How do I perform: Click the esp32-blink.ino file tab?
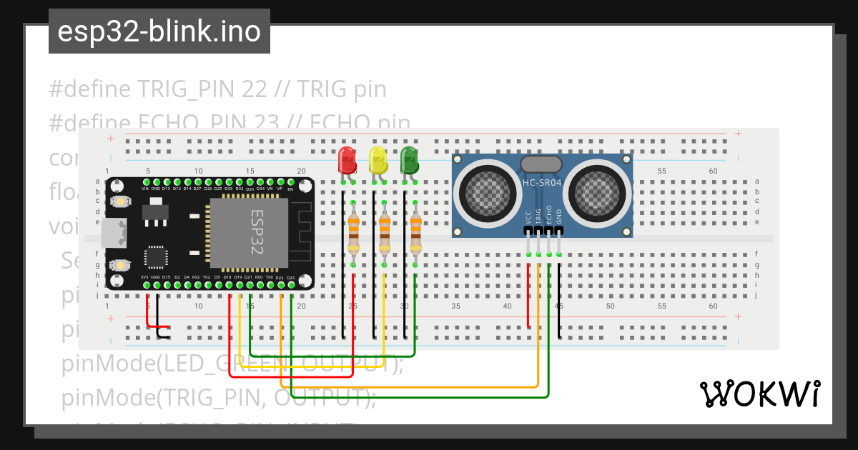click(x=159, y=32)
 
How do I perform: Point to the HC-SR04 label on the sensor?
click(x=541, y=183)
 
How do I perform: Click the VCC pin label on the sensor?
click(x=528, y=217)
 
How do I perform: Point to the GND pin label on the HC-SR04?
click(x=559, y=217)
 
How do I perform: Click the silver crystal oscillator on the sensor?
click(x=541, y=164)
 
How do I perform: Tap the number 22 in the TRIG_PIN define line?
click(x=255, y=89)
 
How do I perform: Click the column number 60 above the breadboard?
click(x=713, y=171)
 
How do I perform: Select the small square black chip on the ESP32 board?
click(x=156, y=258)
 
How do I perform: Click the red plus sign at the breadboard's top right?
click(x=738, y=134)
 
